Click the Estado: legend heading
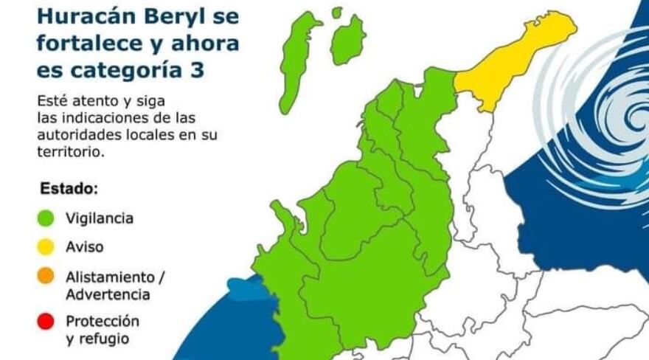coord(69,188)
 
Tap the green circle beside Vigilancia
coord(46,218)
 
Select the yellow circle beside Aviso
coord(46,246)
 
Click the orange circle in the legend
coord(46,276)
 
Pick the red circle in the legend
coord(46,322)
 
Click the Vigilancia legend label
coord(100,218)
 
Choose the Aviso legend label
coord(85,246)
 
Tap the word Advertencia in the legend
coord(108,294)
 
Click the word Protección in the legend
coord(102,322)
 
